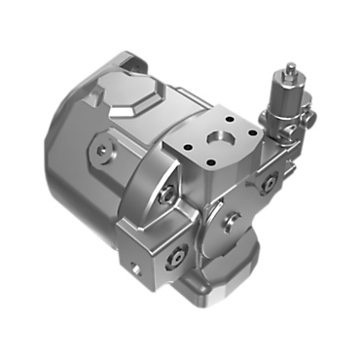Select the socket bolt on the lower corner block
176,255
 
